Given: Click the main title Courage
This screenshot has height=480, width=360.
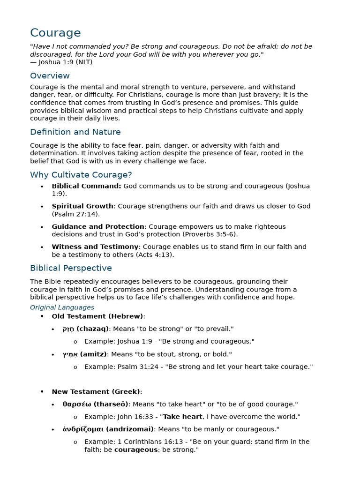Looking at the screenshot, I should [x=55, y=33].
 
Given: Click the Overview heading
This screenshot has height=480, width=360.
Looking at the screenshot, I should [x=50, y=76].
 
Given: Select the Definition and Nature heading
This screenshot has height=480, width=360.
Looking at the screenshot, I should [x=75, y=132].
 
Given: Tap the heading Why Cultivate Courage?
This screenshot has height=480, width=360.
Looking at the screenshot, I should [x=81, y=175].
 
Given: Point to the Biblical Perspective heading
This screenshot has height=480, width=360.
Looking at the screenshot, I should [x=71, y=268].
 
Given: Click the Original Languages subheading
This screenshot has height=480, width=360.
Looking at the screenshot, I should [x=62, y=307].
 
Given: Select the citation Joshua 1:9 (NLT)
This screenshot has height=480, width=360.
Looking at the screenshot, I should [x=65, y=62].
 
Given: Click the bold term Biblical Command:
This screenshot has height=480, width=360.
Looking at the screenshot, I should [x=86, y=186].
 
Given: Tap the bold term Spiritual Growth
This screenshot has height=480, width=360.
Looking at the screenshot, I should [x=82, y=206].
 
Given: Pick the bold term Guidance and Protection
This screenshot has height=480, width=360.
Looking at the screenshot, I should [x=98, y=226].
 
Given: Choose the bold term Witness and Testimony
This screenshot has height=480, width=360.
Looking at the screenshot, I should [x=95, y=247].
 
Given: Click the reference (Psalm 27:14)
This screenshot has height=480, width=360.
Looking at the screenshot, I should [x=75, y=214].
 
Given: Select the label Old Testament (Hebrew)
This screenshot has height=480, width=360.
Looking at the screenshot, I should [x=97, y=316].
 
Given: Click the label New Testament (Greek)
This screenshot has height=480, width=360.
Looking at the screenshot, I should [x=96, y=391].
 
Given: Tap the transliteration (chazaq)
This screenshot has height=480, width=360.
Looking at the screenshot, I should [x=92, y=329].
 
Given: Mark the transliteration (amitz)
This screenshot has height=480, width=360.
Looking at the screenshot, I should [x=94, y=354].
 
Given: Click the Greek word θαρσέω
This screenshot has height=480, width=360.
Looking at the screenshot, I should [x=76, y=404].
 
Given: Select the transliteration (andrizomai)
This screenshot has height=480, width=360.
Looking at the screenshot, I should [x=130, y=429].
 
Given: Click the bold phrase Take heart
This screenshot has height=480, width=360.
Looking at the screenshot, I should [x=182, y=417].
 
